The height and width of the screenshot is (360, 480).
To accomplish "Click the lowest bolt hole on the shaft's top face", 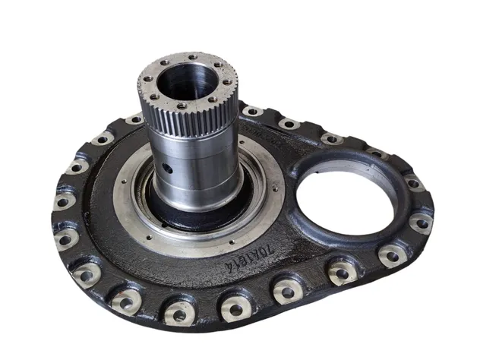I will pos(181,106).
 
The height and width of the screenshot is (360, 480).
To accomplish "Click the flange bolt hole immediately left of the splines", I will pos(134,120).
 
